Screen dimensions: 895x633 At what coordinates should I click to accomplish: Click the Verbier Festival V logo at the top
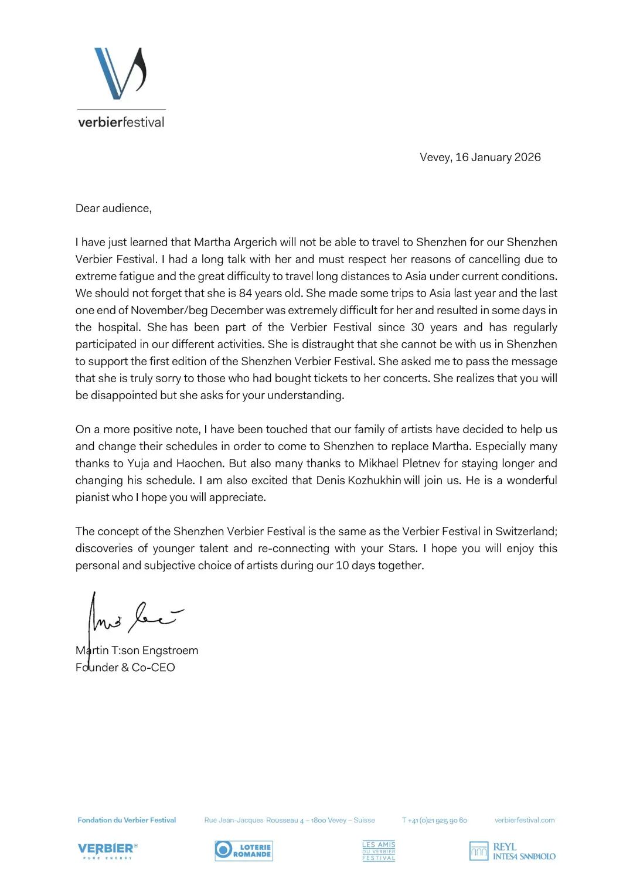(x=120, y=74)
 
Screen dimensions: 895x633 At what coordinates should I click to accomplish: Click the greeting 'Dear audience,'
(x=113, y=208)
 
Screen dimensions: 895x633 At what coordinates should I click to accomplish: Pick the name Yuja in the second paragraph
(x=138, y=463)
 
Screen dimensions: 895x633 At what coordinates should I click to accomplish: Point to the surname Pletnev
(x=421, y=463)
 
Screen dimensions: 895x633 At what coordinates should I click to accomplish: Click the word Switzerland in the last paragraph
(x=525, y=531)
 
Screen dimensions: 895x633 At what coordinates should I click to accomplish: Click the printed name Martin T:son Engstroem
(x=137, y=650)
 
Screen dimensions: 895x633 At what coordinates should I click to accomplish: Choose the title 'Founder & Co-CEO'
(x=125, y=667)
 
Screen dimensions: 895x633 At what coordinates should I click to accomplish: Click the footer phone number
(x=434, y=820)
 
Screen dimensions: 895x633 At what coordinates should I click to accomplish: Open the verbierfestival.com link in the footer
(x=524, y=820)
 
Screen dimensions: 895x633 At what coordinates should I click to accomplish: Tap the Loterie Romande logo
(x=244, y=850)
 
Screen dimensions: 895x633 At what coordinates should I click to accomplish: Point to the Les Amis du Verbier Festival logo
(x=379, y=851)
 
